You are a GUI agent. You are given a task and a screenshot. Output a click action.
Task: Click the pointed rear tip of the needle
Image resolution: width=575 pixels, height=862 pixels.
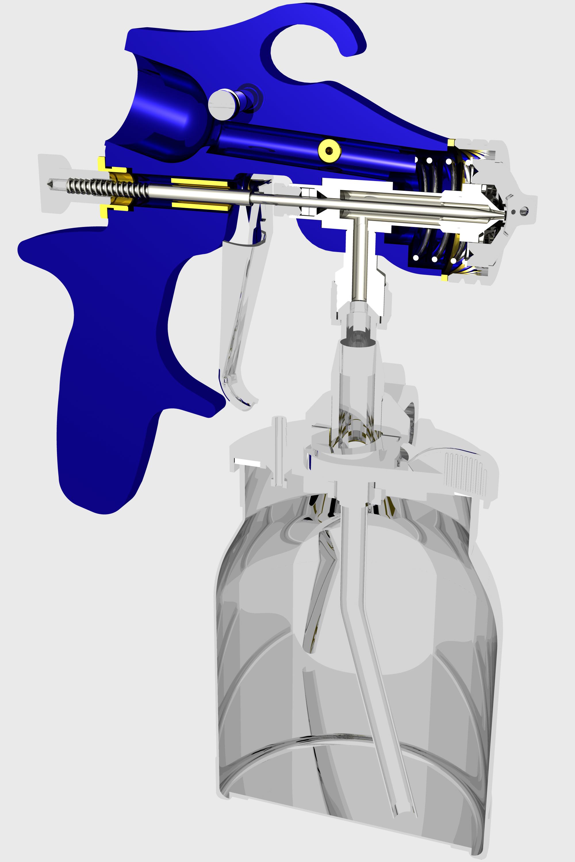point(50,183)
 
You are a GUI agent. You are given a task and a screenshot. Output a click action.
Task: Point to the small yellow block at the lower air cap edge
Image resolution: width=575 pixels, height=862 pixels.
point(444,278)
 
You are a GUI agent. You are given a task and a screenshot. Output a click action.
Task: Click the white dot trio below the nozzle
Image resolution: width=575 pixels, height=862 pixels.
point(434,259)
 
